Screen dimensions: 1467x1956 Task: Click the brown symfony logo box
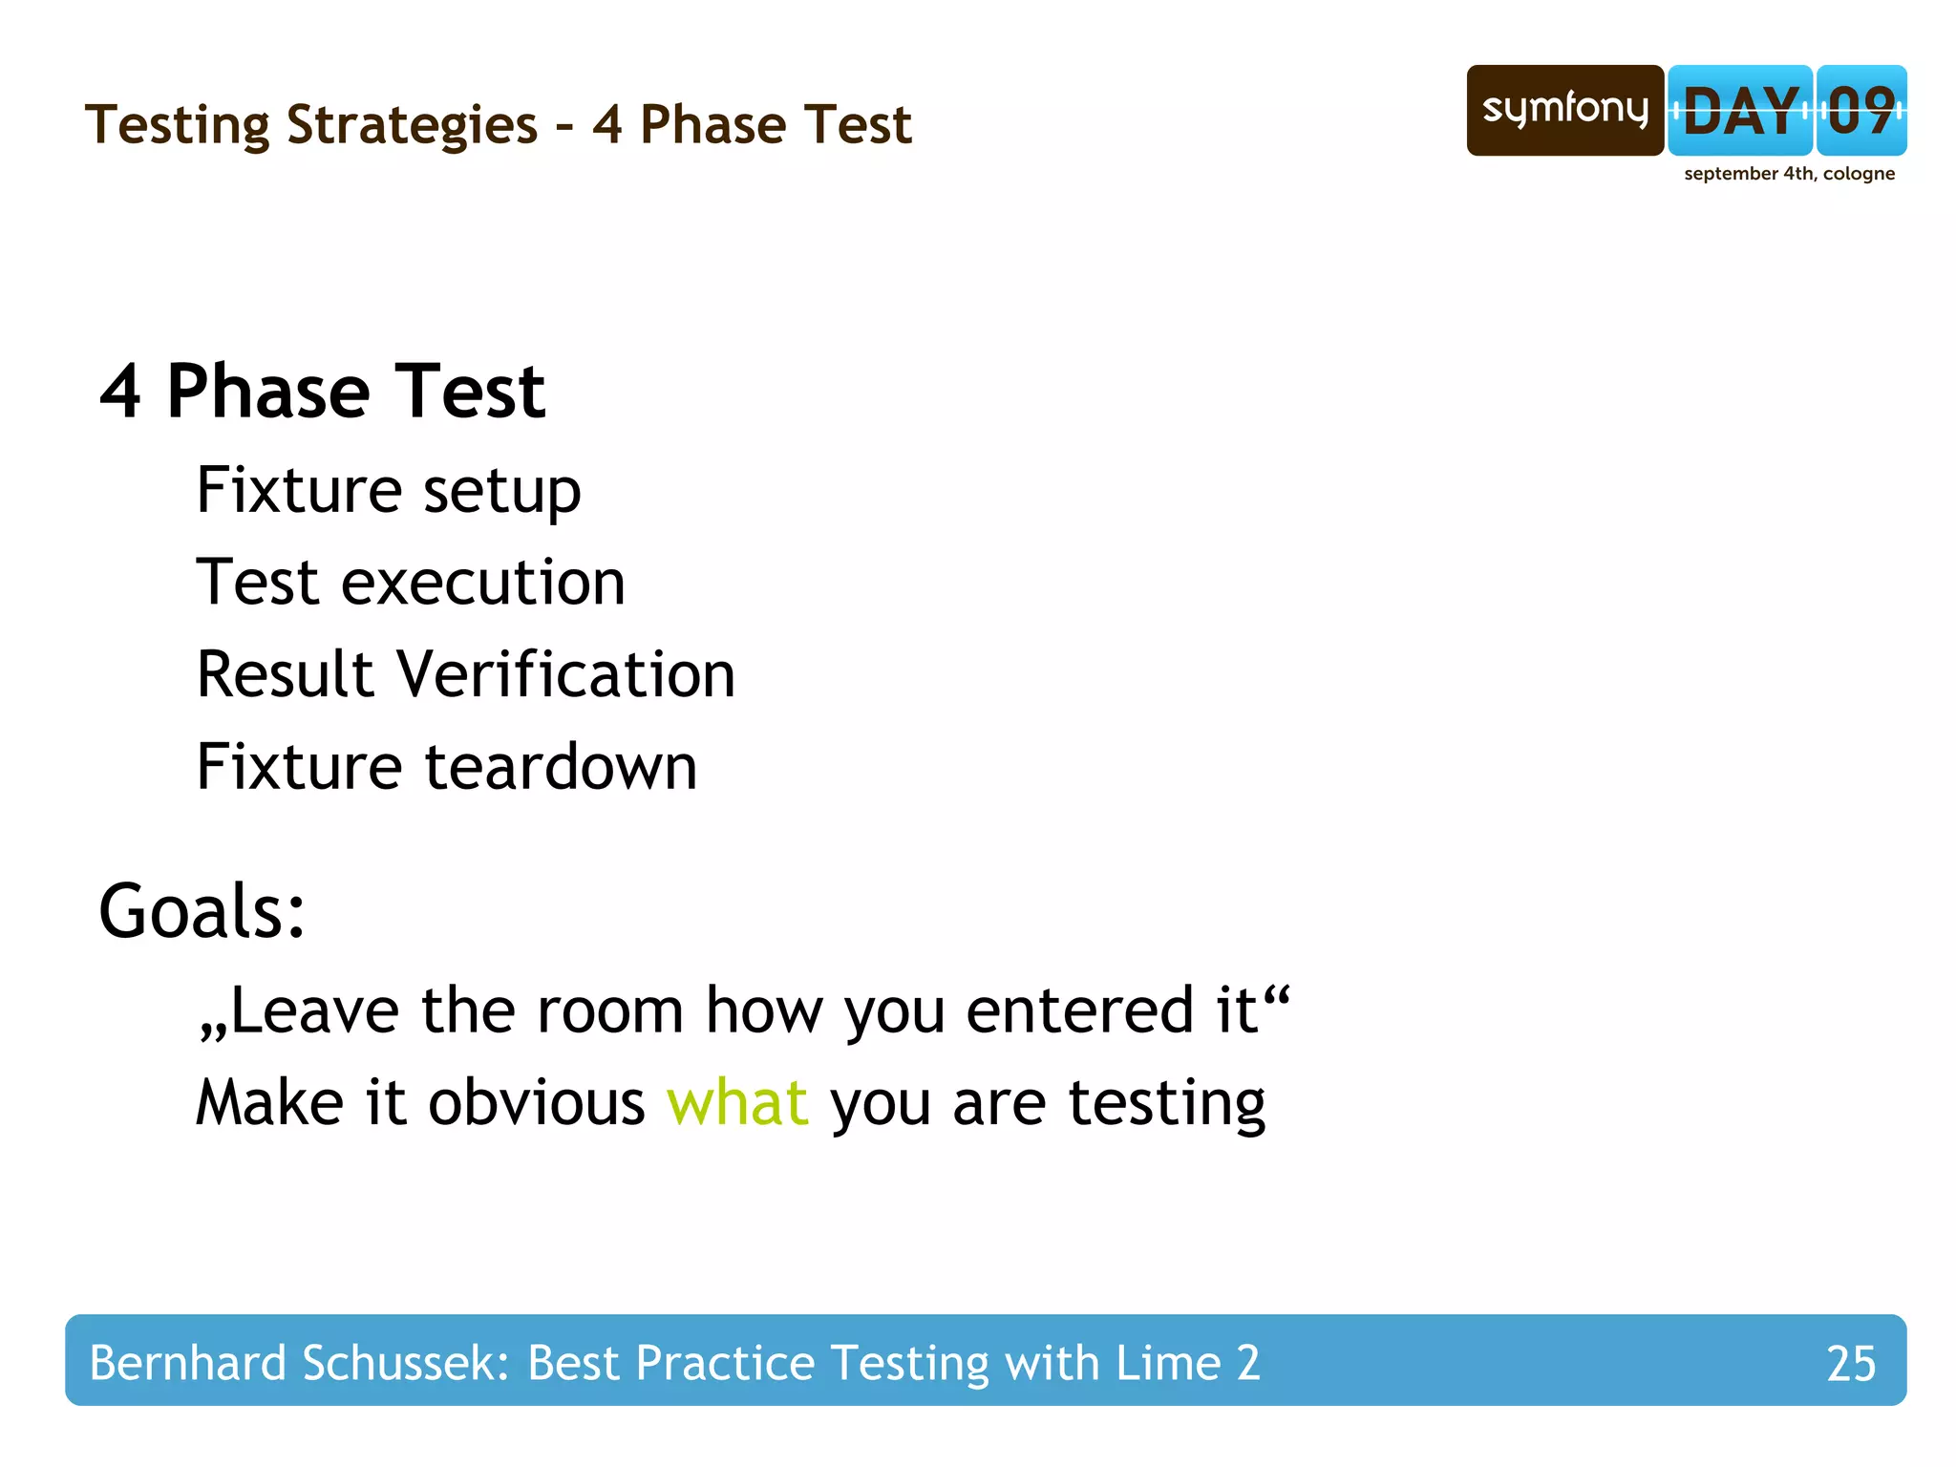coord(1564,110)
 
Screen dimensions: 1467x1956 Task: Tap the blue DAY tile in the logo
coord(1740,111)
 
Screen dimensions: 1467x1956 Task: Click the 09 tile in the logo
coord(1861,111)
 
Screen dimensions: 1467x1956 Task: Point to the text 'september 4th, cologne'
coord(1789,174)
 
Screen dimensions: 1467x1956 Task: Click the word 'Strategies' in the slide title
coord(412,125)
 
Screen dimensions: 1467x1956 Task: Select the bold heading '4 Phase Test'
coord(323,392)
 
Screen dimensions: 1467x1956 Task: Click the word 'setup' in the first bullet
coord(501,492)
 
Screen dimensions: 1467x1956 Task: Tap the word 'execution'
coord(483,583)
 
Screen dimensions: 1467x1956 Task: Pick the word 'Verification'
coord(565,674)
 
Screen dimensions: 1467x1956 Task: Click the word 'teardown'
coord(562,767)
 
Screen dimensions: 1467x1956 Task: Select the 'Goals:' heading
coord(202,912)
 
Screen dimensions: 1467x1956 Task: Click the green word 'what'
coord(737,1103)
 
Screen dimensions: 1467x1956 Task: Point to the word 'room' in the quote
coord(609,1010)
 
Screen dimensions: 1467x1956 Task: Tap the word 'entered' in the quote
coord(1079,1010)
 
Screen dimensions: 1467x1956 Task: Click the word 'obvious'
coord(537,1103)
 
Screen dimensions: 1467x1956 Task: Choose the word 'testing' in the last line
coord(1166,1103)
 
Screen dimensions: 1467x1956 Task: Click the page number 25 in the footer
coord(1850,1364)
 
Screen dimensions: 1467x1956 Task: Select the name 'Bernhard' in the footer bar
coord(187,1363)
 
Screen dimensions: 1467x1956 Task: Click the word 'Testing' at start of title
coord(178,125)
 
